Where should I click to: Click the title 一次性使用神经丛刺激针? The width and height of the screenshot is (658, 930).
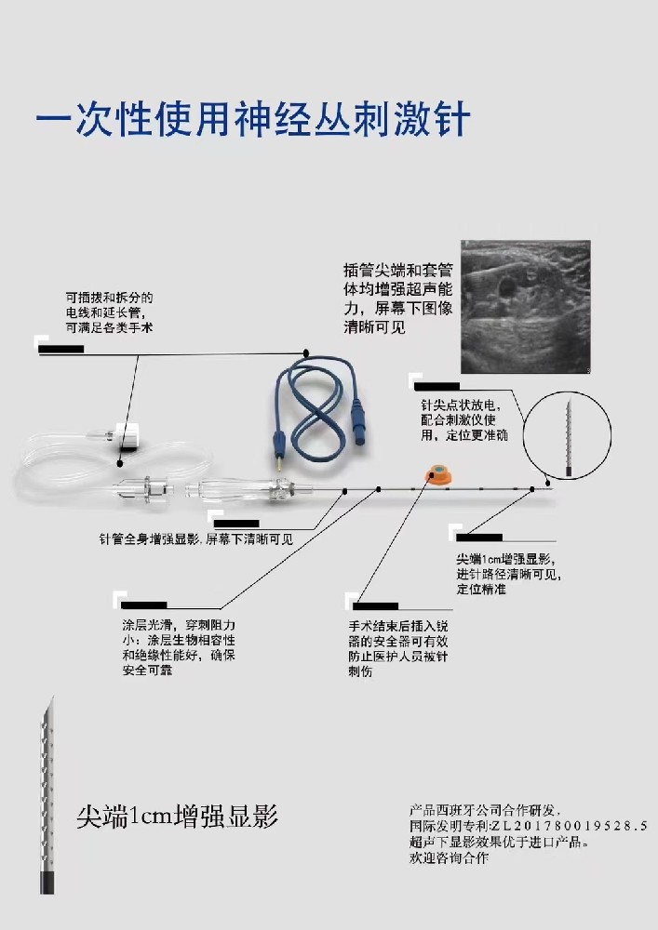pos(252,120)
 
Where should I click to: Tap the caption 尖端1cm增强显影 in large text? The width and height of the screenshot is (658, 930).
pos(178,817)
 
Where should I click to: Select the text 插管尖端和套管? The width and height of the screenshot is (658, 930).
pos(397,271)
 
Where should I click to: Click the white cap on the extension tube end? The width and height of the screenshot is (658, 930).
pos(126,433)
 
